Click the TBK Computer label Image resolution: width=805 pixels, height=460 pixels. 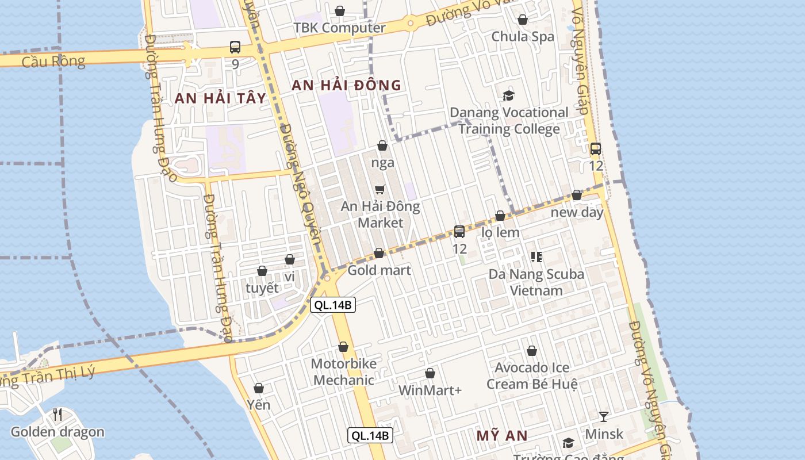click(339, 28)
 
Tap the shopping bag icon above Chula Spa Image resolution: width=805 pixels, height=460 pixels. click(523, 20)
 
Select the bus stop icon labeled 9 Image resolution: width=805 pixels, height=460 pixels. click(235, 47)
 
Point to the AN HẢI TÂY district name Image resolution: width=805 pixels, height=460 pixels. click(221, 98)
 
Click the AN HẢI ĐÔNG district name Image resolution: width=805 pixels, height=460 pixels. click(346, 86)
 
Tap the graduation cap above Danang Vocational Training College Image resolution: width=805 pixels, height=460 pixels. click(508, 95)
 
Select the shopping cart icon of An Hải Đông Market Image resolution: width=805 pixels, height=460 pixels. click(379, 189)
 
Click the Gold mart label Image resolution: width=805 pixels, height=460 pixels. click(379, 270)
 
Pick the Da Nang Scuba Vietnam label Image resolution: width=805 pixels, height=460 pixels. click(536, 282)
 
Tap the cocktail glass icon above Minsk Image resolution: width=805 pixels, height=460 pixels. click(603, 416)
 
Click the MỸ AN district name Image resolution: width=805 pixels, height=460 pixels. click(502, 436)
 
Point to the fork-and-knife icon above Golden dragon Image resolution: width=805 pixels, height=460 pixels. click(57, 415)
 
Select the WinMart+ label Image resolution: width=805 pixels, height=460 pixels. click(430, 390)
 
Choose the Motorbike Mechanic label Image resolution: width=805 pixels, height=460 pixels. click(344, 372)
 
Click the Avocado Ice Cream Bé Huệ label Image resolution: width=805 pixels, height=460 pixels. click(532, 375)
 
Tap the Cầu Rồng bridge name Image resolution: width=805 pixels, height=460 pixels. click(53, 61)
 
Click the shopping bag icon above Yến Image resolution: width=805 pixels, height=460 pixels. click(259, 389)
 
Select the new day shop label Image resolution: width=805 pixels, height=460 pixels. click(577, 212)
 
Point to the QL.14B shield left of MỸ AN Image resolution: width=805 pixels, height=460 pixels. click(370, 436)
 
